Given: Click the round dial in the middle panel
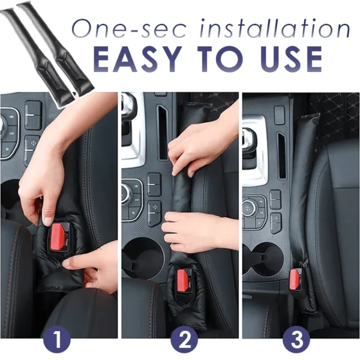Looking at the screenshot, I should click(128, 193).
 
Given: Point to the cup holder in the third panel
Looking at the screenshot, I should click(262, 255).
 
